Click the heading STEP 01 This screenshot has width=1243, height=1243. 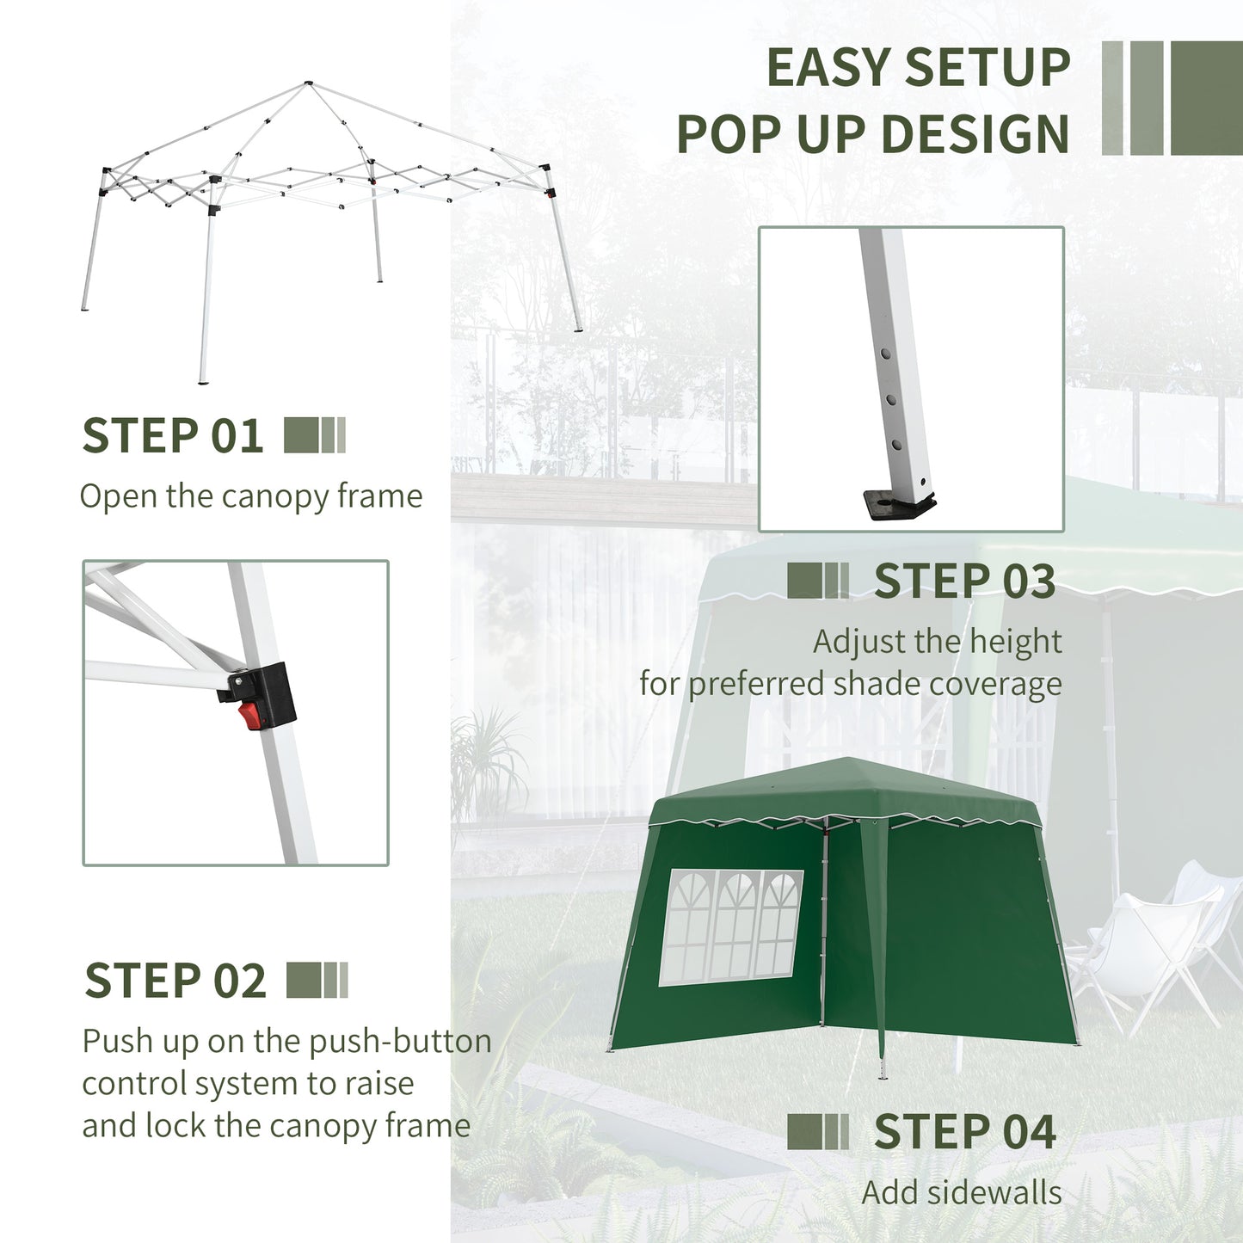point(172,436)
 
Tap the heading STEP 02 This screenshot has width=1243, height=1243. point(175,981)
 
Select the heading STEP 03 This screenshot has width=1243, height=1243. point(964,582)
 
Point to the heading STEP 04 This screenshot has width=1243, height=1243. point(964,1132)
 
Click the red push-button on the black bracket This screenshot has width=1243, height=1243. point(250,714)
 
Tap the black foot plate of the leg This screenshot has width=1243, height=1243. point(898,505)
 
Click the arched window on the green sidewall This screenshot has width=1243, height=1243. point(731,926)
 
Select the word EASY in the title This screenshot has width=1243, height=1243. point(828,68)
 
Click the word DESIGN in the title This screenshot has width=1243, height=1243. point(975,135)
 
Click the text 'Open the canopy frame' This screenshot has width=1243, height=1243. point(251,496)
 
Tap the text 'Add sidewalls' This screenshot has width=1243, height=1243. point(961,1193)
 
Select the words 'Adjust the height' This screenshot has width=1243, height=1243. point(937,642)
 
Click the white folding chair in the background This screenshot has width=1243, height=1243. point(1144,946)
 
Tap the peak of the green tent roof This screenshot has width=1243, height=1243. point(847,760)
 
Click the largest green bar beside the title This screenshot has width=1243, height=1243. point(1206,98)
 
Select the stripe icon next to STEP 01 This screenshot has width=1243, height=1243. point(315,435)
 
